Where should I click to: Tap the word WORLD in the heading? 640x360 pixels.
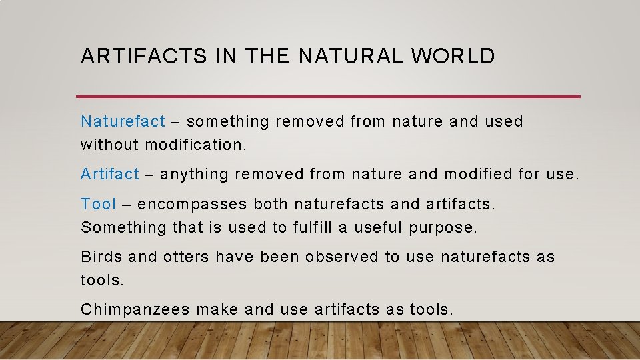click(453, 57)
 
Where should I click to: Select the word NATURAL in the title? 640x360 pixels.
click(351, 57)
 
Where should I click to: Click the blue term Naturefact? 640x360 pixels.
click(123, 121)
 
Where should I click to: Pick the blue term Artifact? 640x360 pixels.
click(110, 175)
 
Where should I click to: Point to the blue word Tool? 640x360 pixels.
click(98, 204)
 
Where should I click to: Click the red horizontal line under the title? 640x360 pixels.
click(330, 96)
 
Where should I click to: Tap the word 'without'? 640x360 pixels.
click(109, 145)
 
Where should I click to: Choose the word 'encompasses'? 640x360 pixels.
click(193, 205)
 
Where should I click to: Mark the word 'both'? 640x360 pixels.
click(271, 204)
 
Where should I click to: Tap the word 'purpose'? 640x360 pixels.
click(443, 228)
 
